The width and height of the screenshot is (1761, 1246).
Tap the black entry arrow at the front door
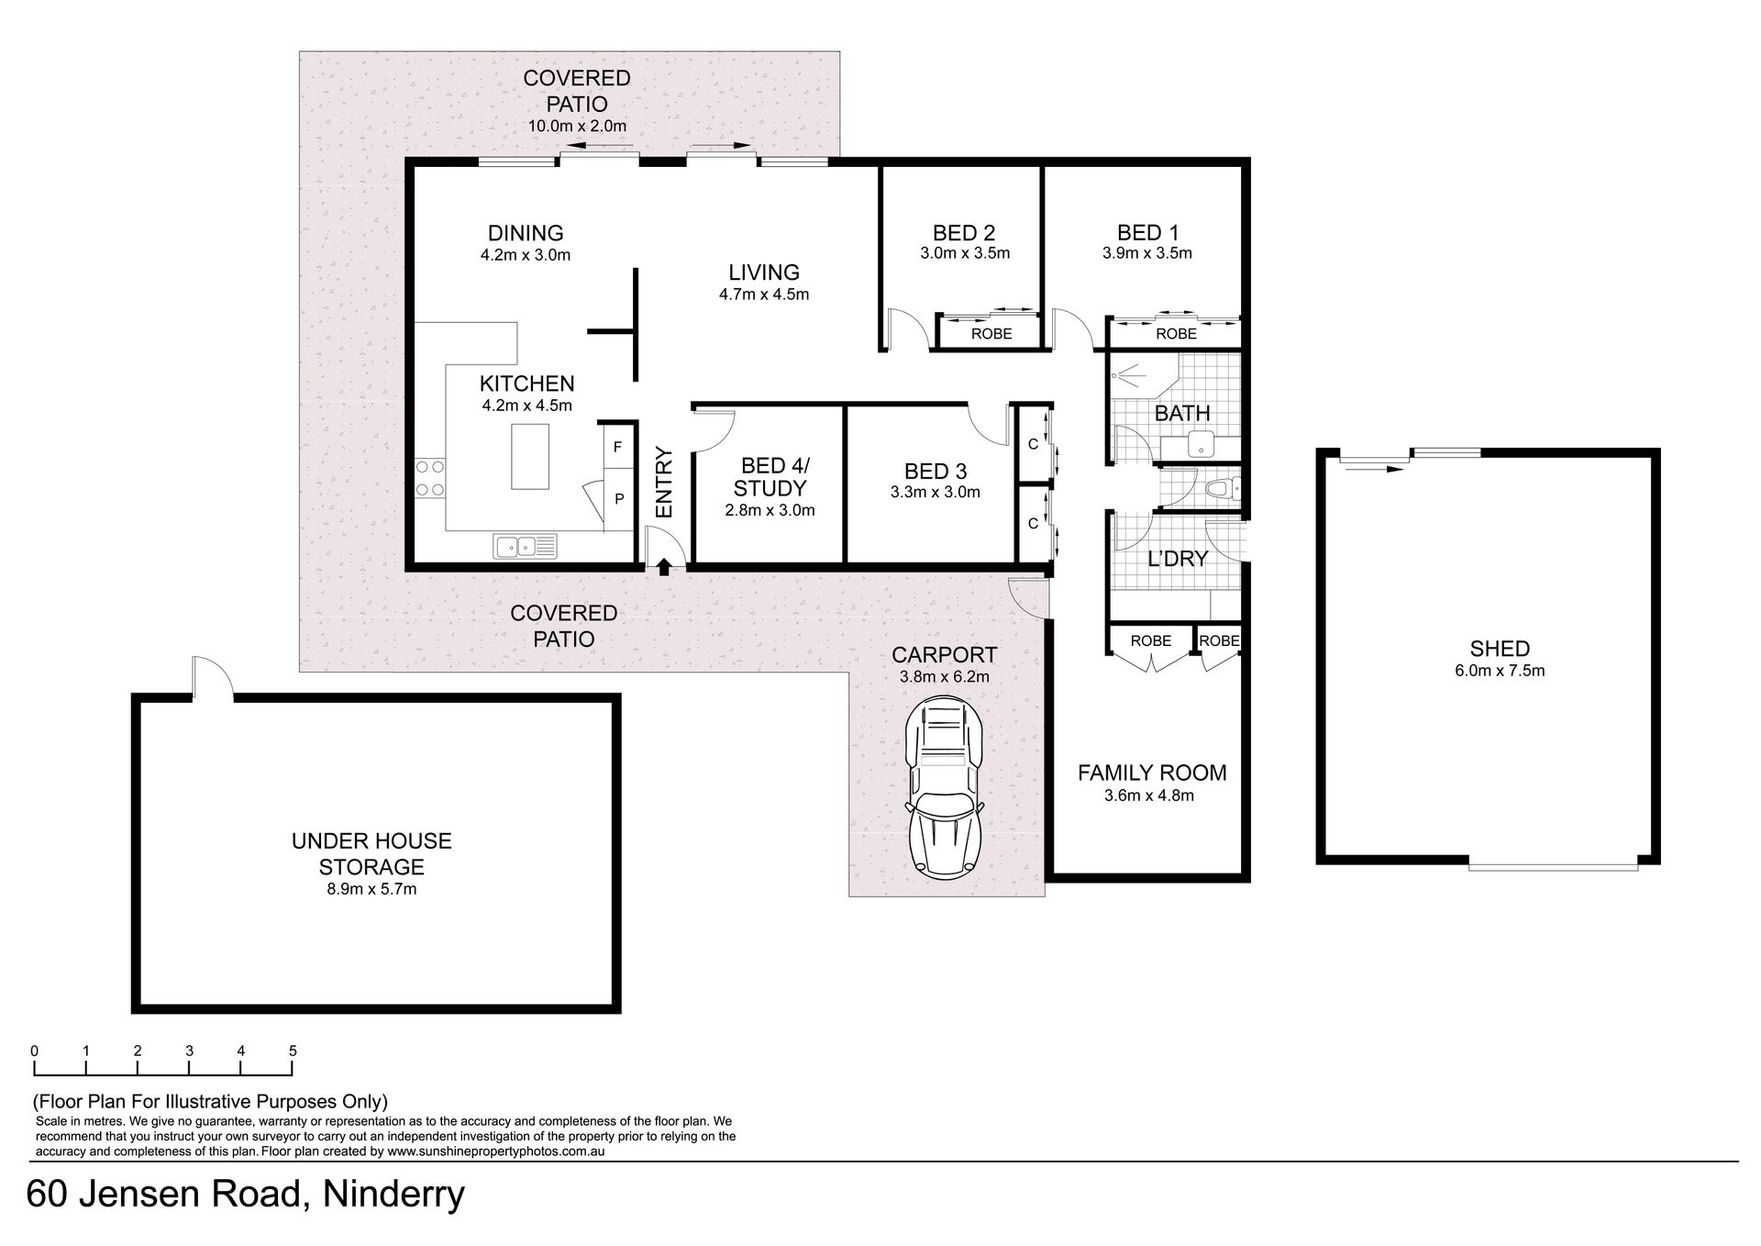point(664,567)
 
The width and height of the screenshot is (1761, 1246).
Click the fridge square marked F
point(617,447)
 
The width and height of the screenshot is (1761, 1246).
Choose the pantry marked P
point(619,499)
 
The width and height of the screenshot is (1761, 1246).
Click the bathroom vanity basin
point(1200,446)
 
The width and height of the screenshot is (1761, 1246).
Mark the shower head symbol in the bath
point(1124,375)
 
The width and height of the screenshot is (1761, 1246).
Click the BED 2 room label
point(964,233)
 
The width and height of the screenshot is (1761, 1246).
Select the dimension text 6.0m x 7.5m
point(1500,671)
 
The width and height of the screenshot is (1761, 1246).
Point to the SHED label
point(1500,649)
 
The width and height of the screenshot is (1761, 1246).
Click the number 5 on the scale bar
point(293,1051)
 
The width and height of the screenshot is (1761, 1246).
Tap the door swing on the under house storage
point(212,677)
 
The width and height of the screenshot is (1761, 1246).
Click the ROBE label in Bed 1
point(1176,334)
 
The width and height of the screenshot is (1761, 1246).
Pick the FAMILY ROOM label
point(1152,773)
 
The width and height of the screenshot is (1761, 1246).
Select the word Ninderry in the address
point(393,1195)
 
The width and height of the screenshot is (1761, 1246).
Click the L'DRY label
point(1178,559)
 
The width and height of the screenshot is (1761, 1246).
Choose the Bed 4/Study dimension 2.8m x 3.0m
point(770,511)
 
